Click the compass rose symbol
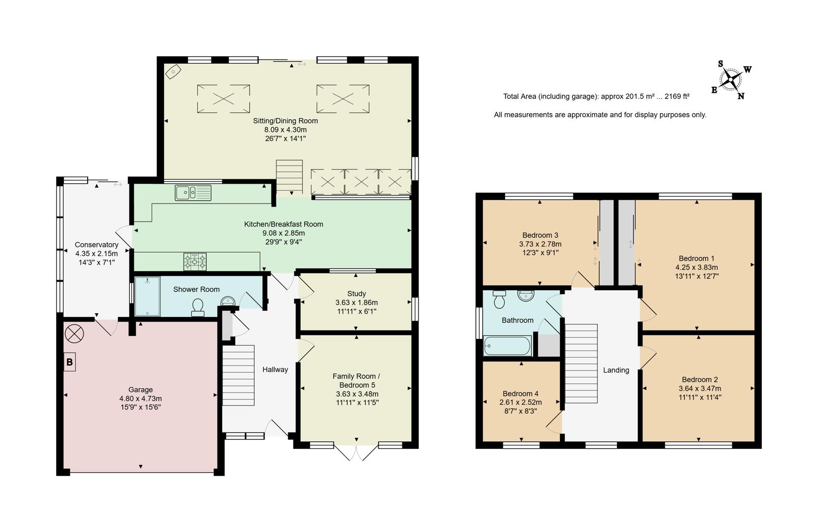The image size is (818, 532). [x=731, y=79]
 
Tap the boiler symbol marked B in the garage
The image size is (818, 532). [x=69, y=362]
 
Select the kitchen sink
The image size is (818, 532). [x=193, y=193]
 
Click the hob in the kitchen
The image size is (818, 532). [x=195, y=262]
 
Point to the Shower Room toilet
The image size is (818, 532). [x=198, y=307]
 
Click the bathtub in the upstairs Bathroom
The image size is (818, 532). [x=508, y=346]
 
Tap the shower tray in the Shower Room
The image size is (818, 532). [x=147, y=296]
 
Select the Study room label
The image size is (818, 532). [x=357, y=294]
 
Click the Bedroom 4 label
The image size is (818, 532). [x=520, y=394]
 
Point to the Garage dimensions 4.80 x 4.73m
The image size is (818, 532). [x=140, y=399]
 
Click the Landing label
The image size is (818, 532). [x=616, y=370]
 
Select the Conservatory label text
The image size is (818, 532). [x=96, y=245]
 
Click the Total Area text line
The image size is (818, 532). [x=596, y=97]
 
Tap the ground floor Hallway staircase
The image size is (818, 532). [x=239, y=375]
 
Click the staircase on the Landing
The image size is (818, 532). [x=581, y=363]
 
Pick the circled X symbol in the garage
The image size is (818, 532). [x=74, y=334]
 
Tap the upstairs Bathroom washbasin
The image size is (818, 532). [x=526, y=296]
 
